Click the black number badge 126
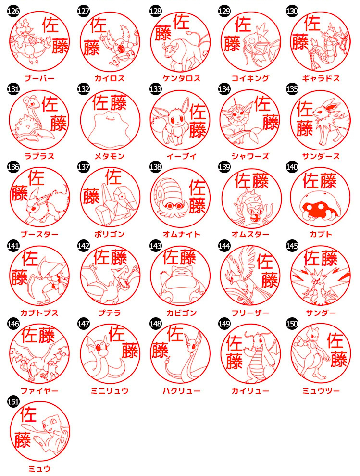(13, 11)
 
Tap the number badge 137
(84, 167)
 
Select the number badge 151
(13, 401)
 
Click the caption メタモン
(110, 156)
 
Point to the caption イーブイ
(182, 156)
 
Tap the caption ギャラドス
(321, 78)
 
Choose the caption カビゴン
(182, 313)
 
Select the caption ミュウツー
(321, 391)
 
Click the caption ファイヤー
(39, 391)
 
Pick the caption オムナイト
(182, 234)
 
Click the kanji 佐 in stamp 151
(28, 414)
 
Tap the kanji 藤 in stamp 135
(304, 128)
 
